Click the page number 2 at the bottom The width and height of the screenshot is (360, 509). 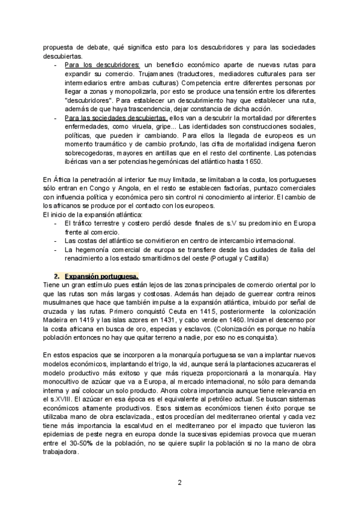(x=180, y=481)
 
